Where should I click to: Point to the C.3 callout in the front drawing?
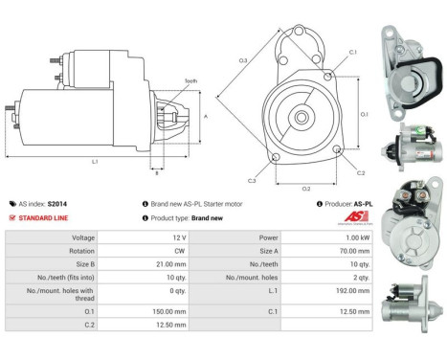(x=253, y=180)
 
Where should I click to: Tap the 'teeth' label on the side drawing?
(x=190, y=82)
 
